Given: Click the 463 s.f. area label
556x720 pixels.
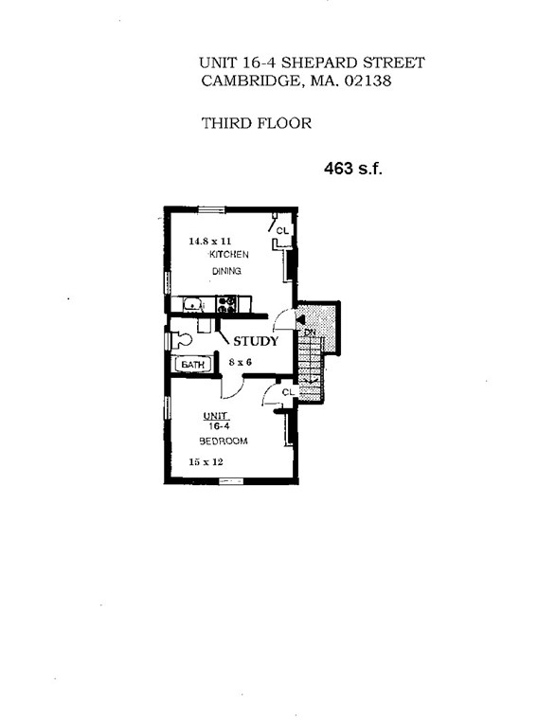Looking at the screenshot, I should coord(352,171).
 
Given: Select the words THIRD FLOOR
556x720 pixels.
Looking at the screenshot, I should coord(256,123).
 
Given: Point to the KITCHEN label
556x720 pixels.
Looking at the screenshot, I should coord(228,255).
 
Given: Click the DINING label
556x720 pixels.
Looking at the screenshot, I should coord(226,272).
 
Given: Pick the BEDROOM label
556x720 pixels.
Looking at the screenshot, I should coord(224,441).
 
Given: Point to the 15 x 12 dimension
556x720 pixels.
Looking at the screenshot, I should coord(206,462).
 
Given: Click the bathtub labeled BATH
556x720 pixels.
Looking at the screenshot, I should coord(193,364).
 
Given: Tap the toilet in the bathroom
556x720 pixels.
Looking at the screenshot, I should coord(183,338).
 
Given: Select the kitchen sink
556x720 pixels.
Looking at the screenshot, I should coord(192,304).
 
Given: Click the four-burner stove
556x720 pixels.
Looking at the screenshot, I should coord(226,304).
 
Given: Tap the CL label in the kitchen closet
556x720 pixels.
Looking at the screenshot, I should coord(282,231).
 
